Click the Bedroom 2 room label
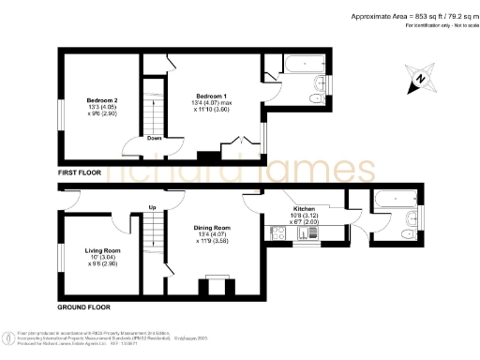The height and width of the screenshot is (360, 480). point(102,99)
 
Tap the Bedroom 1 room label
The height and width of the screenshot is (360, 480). point(211,95)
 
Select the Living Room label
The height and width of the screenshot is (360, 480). point(102,250)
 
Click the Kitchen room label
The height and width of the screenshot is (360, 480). point(304,208)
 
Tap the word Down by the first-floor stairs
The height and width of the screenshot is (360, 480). point(153,139)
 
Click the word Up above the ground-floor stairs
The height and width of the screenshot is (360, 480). point(151,206)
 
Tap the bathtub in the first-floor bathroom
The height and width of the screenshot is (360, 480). point(305,65)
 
